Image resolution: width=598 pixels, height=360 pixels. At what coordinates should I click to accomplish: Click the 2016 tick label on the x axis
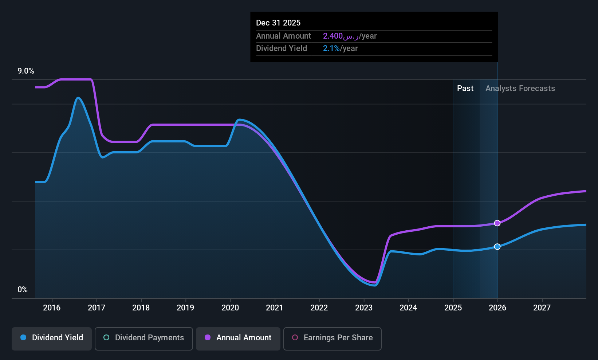click(x=52, y=308)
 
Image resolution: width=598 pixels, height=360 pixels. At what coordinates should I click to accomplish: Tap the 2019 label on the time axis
click(x=185, y=308)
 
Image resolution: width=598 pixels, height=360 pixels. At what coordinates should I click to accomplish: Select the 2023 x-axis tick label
click(x=363, y=308)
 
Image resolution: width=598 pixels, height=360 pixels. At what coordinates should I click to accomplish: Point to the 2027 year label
click(x=542, y=308)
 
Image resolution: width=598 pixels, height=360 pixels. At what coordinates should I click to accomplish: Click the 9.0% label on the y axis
click(x=26, y=71)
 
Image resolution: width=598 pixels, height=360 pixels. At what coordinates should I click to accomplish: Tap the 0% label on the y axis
click(x=23, y=290)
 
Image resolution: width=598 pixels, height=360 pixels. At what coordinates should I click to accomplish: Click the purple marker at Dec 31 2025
click(x=497, y=223)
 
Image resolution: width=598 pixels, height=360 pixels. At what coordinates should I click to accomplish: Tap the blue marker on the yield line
click(x=497, y=247)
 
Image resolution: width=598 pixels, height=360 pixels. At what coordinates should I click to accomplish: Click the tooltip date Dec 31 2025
click(x=278, y=23)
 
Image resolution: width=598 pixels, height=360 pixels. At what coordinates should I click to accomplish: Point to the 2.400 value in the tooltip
click(x=333, y=36)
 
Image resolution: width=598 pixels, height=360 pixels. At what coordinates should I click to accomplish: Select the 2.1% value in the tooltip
click(x=331, y=48)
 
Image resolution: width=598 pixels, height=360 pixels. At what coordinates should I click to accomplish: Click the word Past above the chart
click(x=465, y=89)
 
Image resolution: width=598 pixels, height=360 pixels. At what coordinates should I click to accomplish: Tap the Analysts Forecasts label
click(x=520, y=89)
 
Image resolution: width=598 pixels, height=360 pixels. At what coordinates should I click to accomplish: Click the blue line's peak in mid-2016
click(x=78, y=98)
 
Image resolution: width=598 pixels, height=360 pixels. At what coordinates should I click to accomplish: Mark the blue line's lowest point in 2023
click(x=375, y=285)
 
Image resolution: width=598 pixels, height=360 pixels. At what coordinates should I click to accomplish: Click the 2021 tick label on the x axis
click(x=275, y=308)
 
